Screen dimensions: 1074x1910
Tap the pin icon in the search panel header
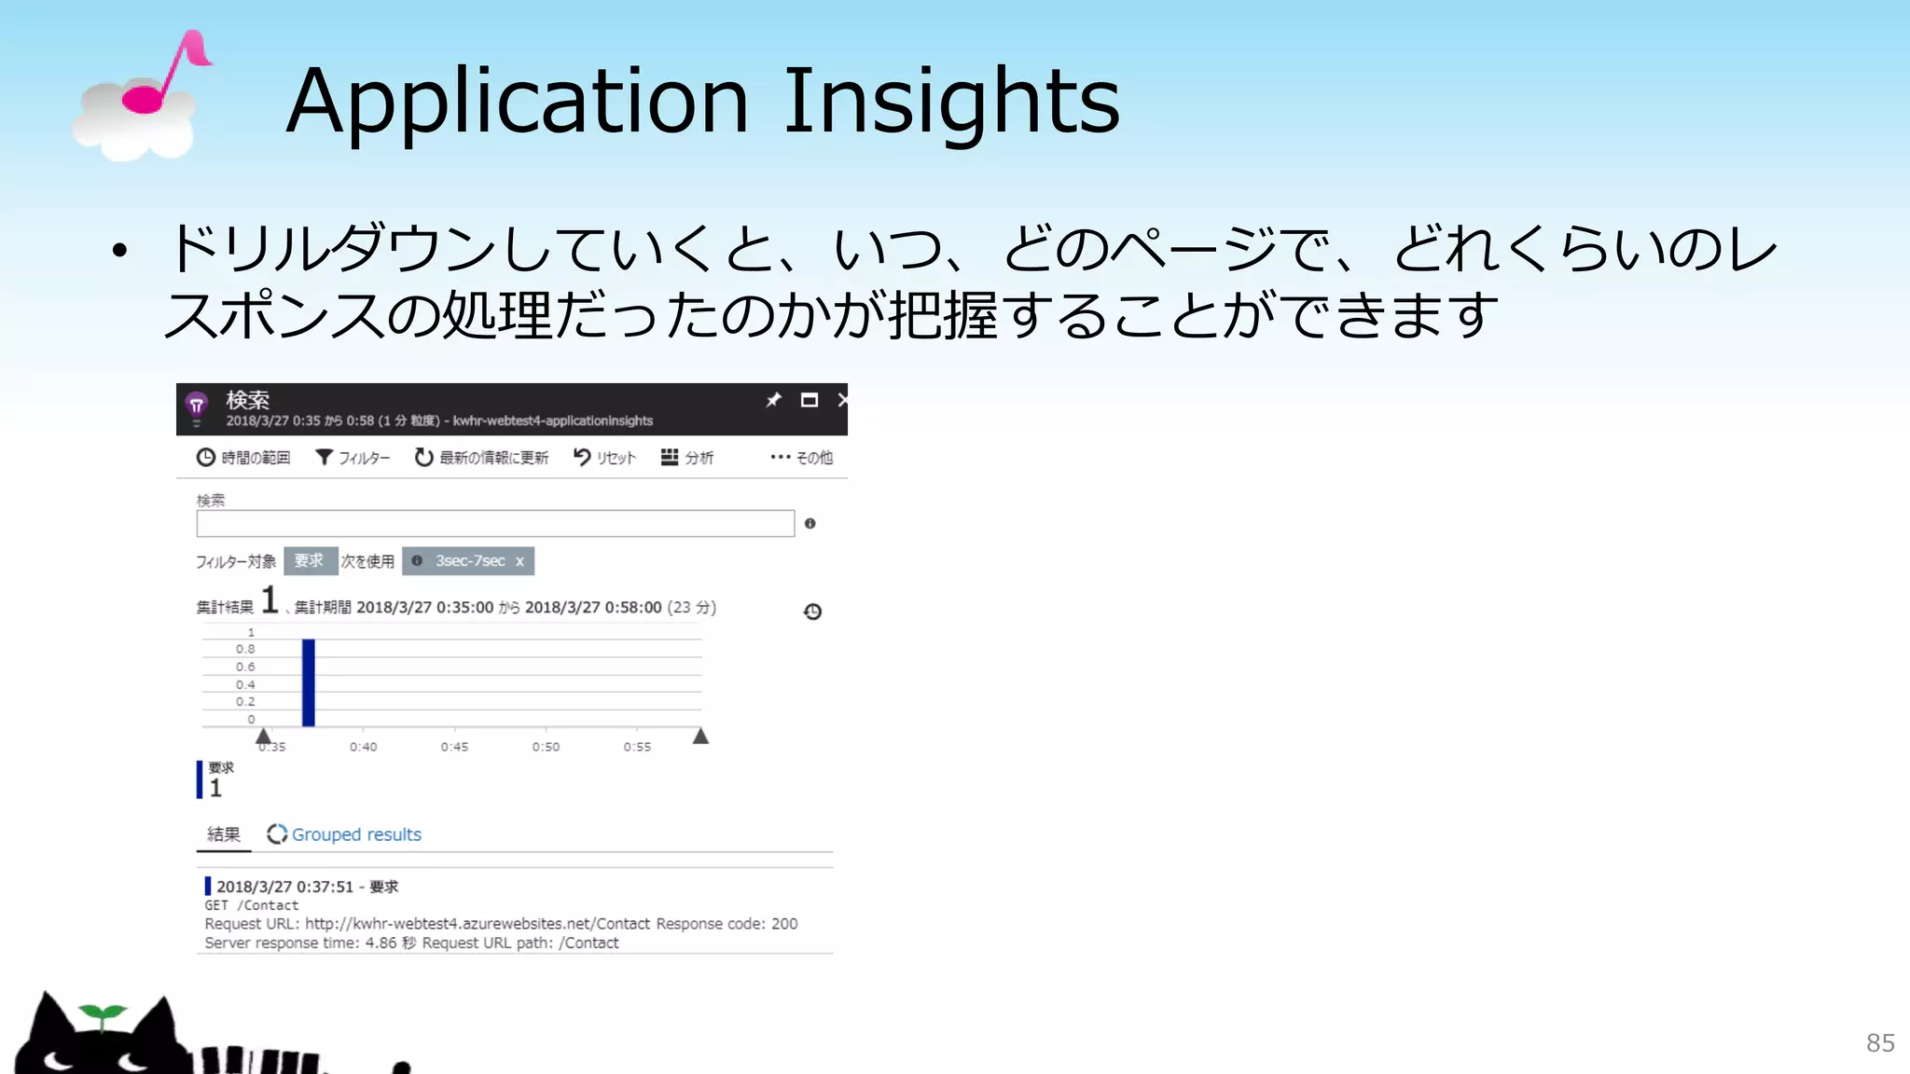[x=773, y=400]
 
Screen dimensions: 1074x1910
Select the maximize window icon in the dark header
[x=810, y=400]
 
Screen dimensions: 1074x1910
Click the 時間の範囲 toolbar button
[x=243, y=458]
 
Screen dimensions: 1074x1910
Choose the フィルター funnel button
[x=353, y=458]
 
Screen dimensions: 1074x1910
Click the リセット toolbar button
[x=604, y=458]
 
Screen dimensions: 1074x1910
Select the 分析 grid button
[x=687, y=458]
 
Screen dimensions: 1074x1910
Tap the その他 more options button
[x=801, y=458]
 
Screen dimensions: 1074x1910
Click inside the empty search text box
[x=494, y=524]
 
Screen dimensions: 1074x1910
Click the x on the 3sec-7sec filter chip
[x=519, y=561]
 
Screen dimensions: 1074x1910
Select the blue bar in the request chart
[x=309, y=682]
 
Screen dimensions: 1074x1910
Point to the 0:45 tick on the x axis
[x=454, y=747]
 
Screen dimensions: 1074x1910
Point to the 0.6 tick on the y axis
[x=245, y=667]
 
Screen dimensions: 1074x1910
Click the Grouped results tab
[x=345, y=834]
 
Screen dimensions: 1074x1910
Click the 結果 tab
[x=224, y=834]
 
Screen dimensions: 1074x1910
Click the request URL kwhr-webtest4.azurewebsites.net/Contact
[x=477, y=924]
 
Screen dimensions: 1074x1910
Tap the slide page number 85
[x=1880, y=1042]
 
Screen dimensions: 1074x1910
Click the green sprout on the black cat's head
[x=103, y=1014]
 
